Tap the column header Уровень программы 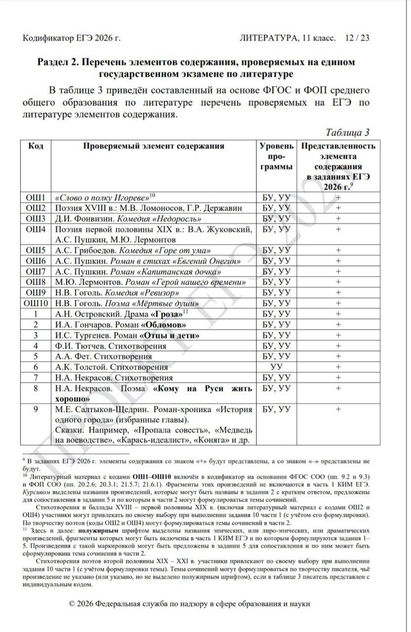pos(276,157)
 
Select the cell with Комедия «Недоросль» pos(153,218)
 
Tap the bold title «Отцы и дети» pos(171,335)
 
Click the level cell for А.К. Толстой pos(276,367)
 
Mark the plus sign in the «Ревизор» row pos(338,292)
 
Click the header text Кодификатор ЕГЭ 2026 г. pos(72,38)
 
